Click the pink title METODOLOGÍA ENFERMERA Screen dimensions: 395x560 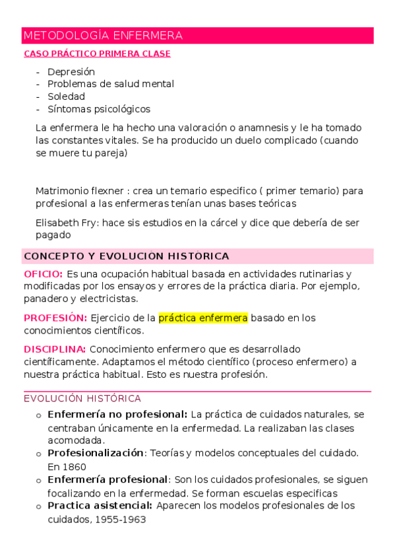[x=103, y=36]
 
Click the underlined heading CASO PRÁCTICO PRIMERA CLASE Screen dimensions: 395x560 [x=97, y=54]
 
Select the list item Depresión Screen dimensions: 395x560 [x=71, y=71]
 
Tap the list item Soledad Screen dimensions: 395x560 [x=66, y=96]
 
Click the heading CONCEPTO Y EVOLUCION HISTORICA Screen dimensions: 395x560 [x=126, y=256]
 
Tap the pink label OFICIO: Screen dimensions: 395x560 [x=43, y=273]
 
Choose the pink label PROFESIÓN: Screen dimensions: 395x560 [x=55, y=318]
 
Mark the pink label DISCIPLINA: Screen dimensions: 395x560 [x=55, y=349]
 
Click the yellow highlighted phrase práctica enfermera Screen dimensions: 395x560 [x=203, y=318]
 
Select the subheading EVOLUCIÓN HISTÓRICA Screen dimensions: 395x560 [x=82, y=398]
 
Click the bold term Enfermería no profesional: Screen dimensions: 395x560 [x=117, y=414]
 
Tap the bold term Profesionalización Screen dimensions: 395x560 [x=96, y=453]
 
